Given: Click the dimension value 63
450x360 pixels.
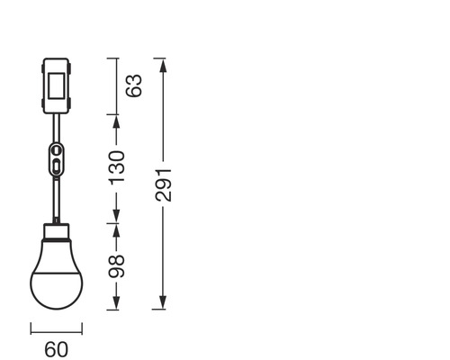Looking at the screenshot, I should point(134,86).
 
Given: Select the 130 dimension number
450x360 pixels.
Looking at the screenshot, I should point(117,168).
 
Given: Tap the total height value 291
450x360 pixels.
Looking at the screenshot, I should point(162,184).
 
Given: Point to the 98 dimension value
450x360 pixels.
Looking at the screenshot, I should point(117,265).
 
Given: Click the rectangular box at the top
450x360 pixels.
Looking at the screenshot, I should point(56,86).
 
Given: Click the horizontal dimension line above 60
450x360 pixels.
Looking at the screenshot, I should point(56,328).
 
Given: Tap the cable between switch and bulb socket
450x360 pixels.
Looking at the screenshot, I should point(56,198).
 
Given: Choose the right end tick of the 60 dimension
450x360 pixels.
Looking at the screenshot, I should point(83,328).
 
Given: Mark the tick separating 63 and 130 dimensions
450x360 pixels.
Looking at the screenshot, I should point(114,114).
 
